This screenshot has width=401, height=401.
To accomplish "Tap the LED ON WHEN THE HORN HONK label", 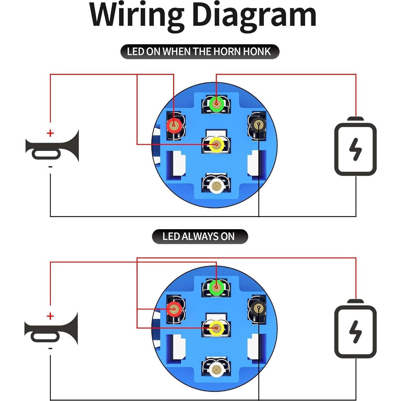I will point(199,52).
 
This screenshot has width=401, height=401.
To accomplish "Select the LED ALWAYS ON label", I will point(200,236).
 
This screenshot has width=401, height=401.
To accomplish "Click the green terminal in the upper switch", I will point(216,103).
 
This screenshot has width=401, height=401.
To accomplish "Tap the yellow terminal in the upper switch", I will point(216,144).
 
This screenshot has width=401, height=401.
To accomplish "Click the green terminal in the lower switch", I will point(216,288).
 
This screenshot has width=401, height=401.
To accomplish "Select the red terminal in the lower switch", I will point(174,309).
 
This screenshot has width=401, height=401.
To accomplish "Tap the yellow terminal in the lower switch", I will point(216,328).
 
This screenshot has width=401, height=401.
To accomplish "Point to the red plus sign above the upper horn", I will point(50,133).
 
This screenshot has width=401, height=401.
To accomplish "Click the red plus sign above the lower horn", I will point(50,316).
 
